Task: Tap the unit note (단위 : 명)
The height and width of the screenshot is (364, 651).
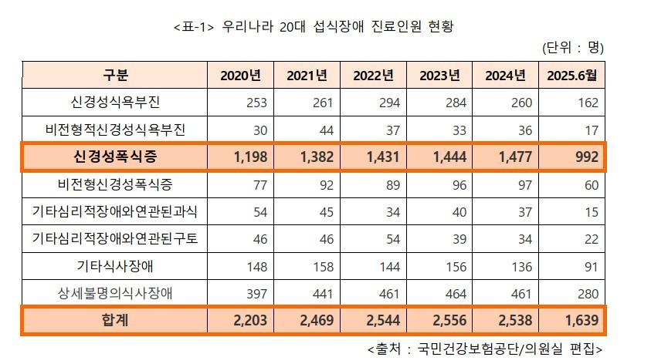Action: pyautogui.click(x=573, y=48)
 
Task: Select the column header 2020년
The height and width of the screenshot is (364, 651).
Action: pyautogui.click(x=241, y=75)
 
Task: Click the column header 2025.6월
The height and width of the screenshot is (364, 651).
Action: pyautogui.click(x=572, y=75)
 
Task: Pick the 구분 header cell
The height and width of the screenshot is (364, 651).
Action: pyautogui.click(x=115, y=75)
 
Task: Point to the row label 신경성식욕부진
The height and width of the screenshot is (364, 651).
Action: pyautogui.click(x=115, y=102)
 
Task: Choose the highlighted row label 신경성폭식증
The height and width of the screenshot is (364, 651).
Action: pyautogui.click(x=115, y=157)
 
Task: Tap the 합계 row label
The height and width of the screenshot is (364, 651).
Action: pyautogui.click(x=115, y=319)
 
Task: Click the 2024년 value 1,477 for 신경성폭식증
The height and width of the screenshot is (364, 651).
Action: pyautogui.click(x=510, y=157)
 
